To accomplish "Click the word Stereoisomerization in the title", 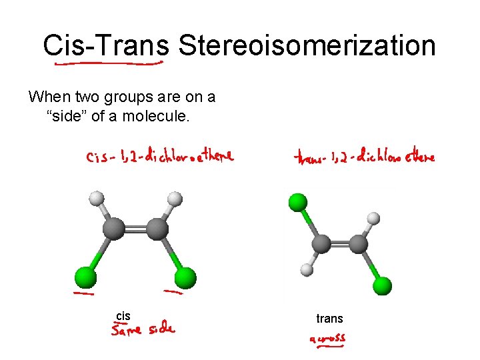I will pyautogui.click(x=307, y=46).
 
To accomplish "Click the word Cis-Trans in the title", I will pyautogui.click(x=106, y=46).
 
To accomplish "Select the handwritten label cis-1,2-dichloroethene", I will pyautogui.click(x=159, y=157).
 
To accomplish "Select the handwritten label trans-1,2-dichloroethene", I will pyautogui.click(x=364, y=157).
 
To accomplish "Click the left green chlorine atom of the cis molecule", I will pyautogui.click(x=85, y=277).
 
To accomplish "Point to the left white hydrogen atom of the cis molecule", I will pyautogui.click(x=98, y=199).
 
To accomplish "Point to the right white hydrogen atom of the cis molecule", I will pyautogui.click(x=175, y=199).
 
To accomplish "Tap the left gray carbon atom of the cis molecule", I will pyautogui.click(x=114, y=231).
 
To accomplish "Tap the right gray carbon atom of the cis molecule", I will pyautogui.click(x=157, y=231).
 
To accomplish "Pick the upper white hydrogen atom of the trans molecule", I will pyautogui.click(x=373, y=218).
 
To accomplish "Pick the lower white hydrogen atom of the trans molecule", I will pyautogui.click(x=306, y=269).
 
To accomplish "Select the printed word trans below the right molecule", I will pyautogui.click(x=329, y=319).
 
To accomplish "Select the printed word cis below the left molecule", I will pyautogui.click(x=123, y=315).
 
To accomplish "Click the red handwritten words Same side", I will pyautogui.click(x=143, y=329).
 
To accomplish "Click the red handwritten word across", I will pyautogui.click(x=327, y=339).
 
